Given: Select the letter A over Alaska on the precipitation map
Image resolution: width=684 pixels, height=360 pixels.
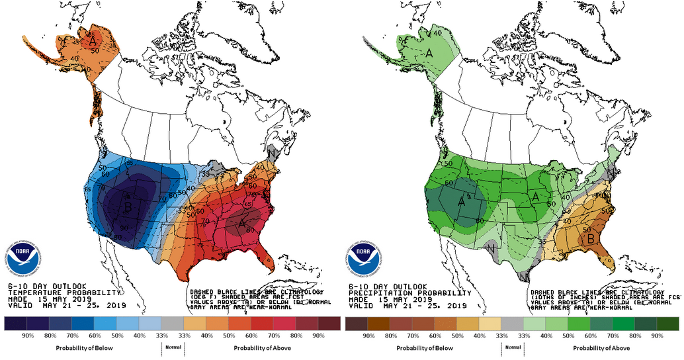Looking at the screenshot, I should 429,52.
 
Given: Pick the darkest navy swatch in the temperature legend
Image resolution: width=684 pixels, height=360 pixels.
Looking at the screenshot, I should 15,324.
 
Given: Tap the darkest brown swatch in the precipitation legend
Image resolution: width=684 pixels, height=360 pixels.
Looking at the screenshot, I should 356,324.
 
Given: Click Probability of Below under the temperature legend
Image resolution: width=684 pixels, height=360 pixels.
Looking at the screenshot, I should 83,348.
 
